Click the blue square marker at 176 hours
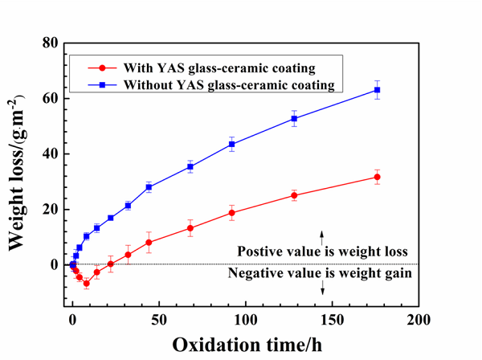(378, 90)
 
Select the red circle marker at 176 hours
(378, 177)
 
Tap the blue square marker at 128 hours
(294, 119)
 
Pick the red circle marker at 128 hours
(294, 195)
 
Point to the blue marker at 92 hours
(231, 145)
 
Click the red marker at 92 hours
(231, 213)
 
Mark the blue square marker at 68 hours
(190, 167)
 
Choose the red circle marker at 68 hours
(190, 228)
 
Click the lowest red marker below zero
(86, 284)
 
